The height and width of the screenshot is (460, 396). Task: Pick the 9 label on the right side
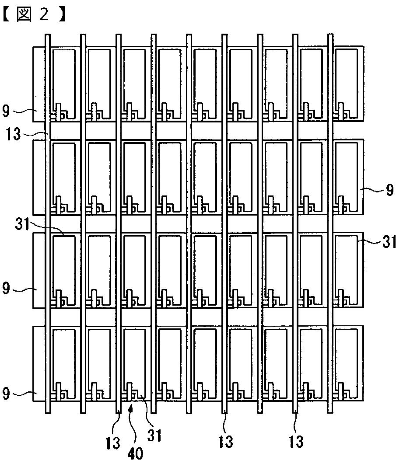[x=390, y=190]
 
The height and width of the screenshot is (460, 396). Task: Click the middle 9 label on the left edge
[x=6, y=289]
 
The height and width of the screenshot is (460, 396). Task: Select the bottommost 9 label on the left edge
[x=6, y=395]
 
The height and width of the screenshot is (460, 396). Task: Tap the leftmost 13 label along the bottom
[x=113, y=442]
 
